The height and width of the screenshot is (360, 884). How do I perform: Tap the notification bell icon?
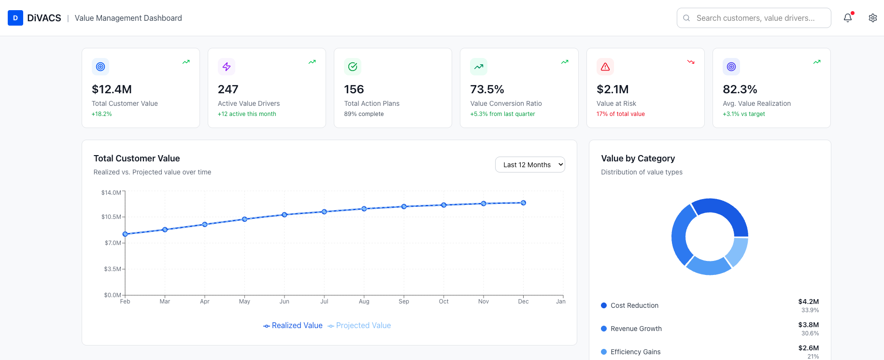[x=848, y=18]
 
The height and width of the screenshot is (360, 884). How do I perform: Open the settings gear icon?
[x=872, y=18]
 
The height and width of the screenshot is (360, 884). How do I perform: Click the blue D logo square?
[x=15, y=18]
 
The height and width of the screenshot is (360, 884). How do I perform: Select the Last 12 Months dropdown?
[x=530, y=165]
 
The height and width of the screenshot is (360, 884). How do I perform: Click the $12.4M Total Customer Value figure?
[x=112, y=89]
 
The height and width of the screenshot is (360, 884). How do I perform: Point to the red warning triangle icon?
[x=605, y=67]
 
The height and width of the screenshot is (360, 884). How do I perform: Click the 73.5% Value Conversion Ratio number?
[x=487, y=89]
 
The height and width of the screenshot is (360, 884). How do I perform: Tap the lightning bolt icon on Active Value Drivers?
[x=227, y=67]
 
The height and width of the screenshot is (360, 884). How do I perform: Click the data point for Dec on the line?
[x=523, y=203]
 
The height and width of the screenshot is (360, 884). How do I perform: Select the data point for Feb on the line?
[x=125, y=234]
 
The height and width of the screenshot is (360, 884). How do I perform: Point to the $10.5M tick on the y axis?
[x=111, y=217]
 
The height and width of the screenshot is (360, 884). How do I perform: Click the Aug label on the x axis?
[x=364, y=302]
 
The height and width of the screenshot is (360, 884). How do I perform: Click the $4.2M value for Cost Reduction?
[x=808, y=302]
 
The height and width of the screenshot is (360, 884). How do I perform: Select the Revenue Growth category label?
[x=636, y=329]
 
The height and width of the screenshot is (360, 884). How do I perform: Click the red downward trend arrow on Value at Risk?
[x=691, y=62]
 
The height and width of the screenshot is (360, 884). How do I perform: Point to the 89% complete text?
[x=364, y=114]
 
